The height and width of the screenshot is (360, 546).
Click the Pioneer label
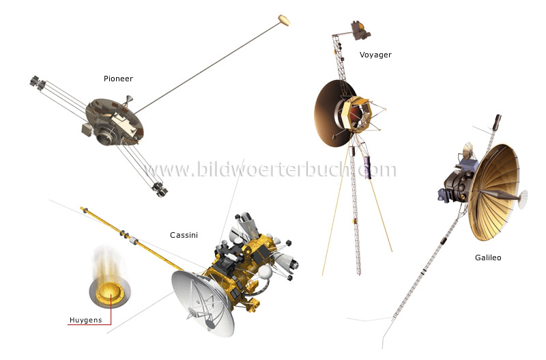point(118,79)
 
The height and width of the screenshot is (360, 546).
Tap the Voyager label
point(375,55)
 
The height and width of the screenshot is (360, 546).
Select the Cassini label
point(184,236)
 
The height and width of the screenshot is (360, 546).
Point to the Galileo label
point(488,258)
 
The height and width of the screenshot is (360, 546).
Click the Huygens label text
point(85,320)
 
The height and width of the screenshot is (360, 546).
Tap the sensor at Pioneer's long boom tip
point(284,20)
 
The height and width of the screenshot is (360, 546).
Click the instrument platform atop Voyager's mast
point(359,29)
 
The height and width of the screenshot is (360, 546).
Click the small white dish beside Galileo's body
point(468,152)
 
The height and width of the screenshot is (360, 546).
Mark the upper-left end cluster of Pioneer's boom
point(35,83)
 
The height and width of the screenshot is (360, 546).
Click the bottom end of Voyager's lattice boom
point(359,272)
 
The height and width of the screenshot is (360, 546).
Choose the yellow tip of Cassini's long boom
point(83,208)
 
